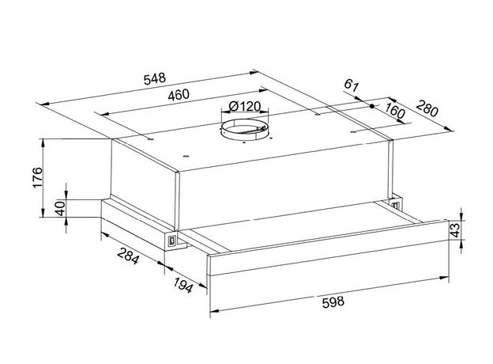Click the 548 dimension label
[154, 78]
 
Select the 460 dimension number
[179, 95]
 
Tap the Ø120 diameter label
[245, 106]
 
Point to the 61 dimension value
[352, 85]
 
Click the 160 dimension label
[394, 111]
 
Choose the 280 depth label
[427, 108]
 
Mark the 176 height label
[37, 177]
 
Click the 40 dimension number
[60, 208]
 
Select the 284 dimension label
[128, 256]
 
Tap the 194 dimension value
[183, 285]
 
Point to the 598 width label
[333, 302]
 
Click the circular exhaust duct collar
[245, 130]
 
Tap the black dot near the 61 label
[372, 106]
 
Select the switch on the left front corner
[171, 241]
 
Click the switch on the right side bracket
[396, 205]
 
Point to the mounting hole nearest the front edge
[186, 157]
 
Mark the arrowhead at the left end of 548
[43, 104]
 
